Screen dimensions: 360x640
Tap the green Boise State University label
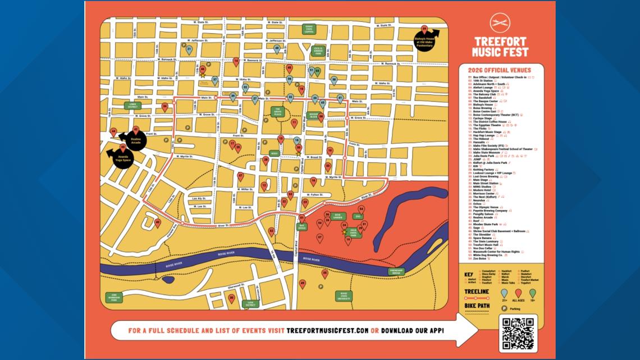pyautogui.click(x=344, y=296)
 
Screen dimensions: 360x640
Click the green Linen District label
pyautogui.click(x=132, y=105)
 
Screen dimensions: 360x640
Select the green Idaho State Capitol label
pyautogui.click(x=308, y=30)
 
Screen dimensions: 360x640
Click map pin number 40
pyautogui.click(x=157, y=222)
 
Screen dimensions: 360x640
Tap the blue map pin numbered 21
pyautogui.click(x=189, y=49)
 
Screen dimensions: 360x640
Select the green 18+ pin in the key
pyautogui.click(x=532, y=293)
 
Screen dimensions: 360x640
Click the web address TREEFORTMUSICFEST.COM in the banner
pyautogui.click(x=328, y=330)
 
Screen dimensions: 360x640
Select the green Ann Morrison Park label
pyautogui.click(x=114, y=298)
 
